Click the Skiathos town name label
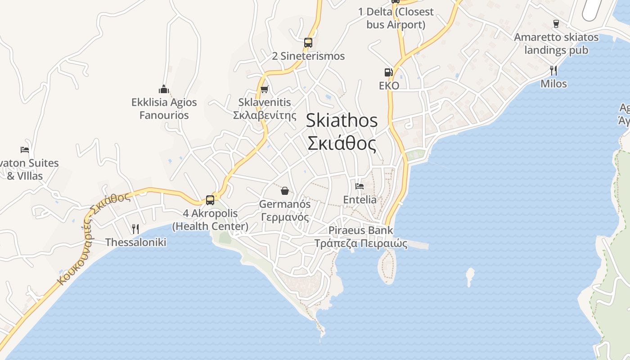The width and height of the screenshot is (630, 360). click(x=342, y=132)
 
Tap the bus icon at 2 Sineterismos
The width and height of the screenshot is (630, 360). click(x=308, y=43)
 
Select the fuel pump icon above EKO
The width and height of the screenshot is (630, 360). click(x=388, y=72)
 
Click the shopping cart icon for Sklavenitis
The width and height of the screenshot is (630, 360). click(x=265, y=89)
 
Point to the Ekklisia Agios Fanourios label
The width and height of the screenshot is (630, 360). click(x=164, y=108)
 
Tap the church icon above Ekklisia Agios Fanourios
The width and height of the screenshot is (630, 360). click(x=164, y=89)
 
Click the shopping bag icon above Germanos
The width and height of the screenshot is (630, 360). click(x=285, y=191)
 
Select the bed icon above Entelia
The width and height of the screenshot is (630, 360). click(x=360, y=186)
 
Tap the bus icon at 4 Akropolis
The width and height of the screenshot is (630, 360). click(x=210, y=200)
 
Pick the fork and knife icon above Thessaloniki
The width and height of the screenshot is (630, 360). click(x=135, y=229)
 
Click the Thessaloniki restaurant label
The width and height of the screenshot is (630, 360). click(x=135, y=242)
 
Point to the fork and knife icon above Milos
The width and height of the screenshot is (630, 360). click(x=553, y=70)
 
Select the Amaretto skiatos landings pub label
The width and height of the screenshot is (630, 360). click(x=556, y=43)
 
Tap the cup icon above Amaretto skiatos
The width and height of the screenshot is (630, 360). click(x=556, y=23)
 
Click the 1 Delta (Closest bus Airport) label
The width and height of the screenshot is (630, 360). click(x=396, y=18)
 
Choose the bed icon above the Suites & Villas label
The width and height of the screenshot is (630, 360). click(x=25, y=149)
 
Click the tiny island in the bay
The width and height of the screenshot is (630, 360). click(x=470, y=275)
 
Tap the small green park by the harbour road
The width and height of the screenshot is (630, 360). click(x=415, y=155)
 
